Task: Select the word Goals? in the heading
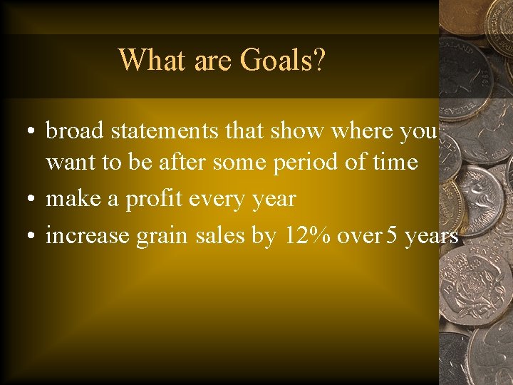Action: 283,60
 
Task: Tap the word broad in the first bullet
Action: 75,131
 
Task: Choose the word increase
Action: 88,236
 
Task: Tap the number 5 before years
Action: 391,236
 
